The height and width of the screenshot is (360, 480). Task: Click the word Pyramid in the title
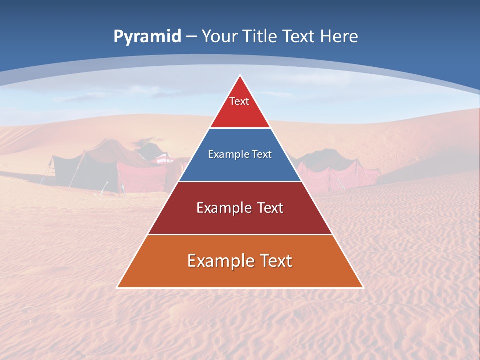pyautogui.click(x=147, y=37)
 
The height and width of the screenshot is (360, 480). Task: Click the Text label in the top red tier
pyautogui.click(x=239, y=101)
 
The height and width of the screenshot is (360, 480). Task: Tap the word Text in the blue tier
pyautogui.click(x=262, y=154)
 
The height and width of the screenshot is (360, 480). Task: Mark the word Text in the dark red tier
pyautogui.click(x=270, y=208)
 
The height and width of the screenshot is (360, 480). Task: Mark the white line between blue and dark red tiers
pyautogui.click(x=240, y=181)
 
